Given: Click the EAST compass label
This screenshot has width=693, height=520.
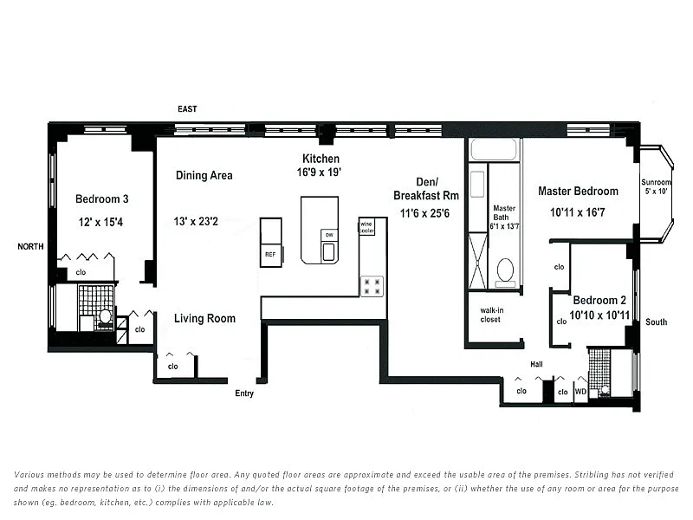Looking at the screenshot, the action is coord(187,109).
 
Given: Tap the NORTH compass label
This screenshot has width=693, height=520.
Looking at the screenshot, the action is coord(30,246).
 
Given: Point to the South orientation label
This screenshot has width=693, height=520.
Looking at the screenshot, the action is coord(656,322).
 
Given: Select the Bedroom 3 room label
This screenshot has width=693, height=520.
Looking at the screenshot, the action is coord(101,199).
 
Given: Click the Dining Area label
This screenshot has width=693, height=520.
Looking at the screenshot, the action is coord(204,176).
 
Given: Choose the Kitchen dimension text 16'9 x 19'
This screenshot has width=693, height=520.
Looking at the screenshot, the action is coord(319,172).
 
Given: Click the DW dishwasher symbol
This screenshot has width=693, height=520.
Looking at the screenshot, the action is coord(329,235).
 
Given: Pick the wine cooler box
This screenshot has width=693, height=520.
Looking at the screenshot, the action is coord(366,227).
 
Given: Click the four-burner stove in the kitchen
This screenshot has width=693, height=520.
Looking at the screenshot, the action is coord(372,286).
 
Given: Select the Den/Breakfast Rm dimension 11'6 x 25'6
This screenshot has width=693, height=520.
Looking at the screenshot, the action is coord(424,213).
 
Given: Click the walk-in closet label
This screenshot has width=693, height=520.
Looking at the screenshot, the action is coord(491,315).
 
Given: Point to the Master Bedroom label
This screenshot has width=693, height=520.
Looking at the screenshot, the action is coord(578,191).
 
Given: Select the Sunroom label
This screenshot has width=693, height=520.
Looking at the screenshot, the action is coord(656,182).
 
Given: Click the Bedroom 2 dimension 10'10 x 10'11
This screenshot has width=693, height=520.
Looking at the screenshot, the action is coord(599,315).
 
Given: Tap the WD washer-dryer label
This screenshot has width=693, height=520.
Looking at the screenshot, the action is coord(580,392).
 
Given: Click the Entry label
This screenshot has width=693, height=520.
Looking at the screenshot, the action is coord(244,393).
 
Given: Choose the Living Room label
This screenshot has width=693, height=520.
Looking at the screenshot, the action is coord(204,318).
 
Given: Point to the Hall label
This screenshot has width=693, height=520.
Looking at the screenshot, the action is coord(536,364).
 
